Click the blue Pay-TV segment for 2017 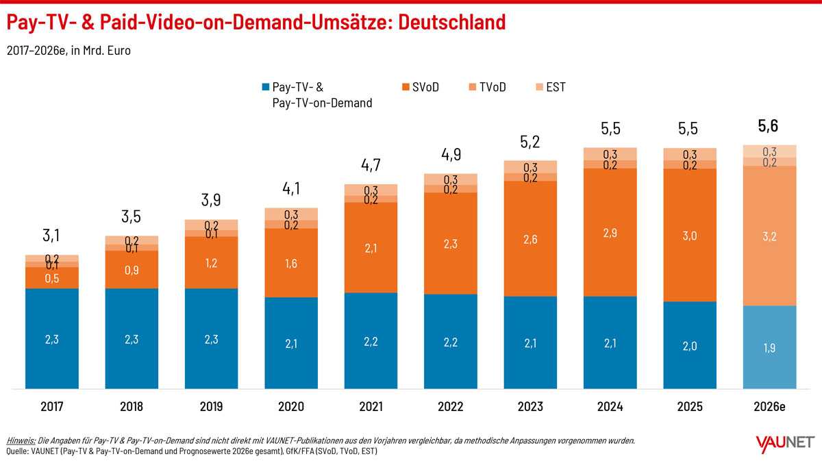52,338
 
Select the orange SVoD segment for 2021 371,247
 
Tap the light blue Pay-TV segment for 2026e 769,347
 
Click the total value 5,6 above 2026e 768,126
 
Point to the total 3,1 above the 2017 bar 51,235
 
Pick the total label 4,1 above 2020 291,188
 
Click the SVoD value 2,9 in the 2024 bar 610,233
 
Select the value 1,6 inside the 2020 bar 291,263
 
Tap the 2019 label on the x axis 211,406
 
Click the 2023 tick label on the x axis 530,406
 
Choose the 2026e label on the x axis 769,406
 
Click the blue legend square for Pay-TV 266,87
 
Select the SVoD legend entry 421,87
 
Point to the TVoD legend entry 487,87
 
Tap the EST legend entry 551,87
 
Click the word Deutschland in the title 451,22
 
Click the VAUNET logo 785,443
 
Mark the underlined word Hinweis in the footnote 21,440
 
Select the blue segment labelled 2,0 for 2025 690,345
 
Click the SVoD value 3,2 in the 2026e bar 769,236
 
